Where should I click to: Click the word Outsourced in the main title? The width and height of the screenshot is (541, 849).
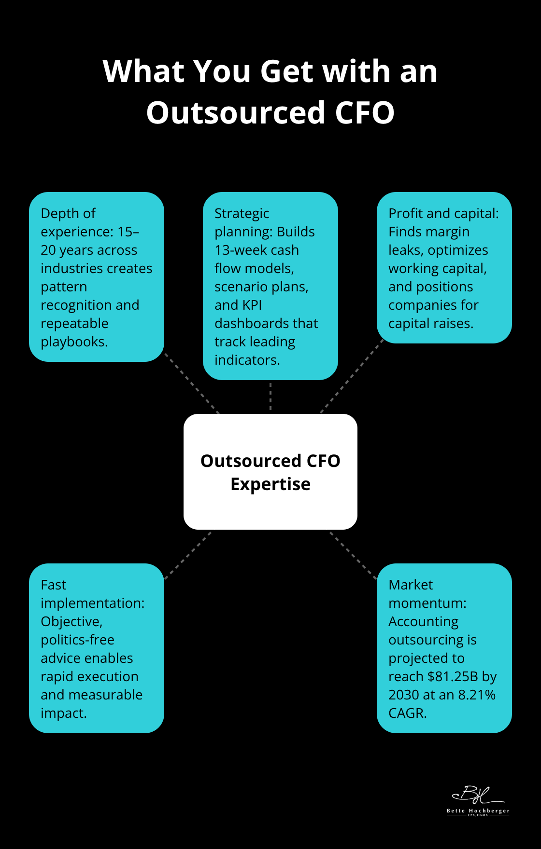click(236, 113)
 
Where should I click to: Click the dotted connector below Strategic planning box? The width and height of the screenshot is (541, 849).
click(270, 397)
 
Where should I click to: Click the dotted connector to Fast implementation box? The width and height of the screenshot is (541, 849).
click(187, 555)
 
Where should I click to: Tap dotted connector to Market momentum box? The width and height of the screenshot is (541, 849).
click(353, 555)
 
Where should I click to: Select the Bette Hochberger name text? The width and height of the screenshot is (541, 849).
click(478, 811)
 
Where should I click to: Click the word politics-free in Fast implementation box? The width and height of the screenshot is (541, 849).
click(77, 640)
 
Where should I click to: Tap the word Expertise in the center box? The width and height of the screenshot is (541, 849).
click(270, 484)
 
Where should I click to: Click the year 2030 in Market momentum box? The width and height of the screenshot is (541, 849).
click(403, 695)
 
